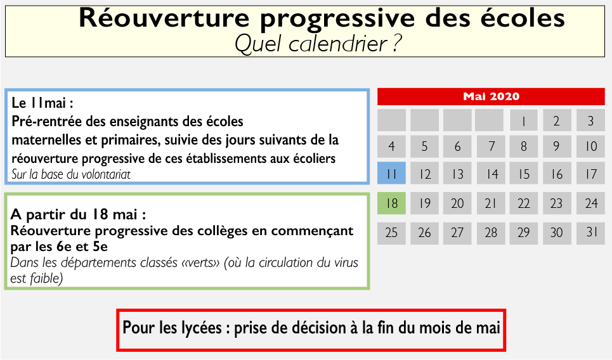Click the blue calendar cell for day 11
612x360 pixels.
click(x=391, y=173)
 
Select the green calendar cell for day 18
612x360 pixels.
click(x=391, y=203)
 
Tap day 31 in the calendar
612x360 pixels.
click(x=591, y=233)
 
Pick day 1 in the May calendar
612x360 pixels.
click(x=524, y=120)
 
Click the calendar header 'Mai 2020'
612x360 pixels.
click(x=491, y=97)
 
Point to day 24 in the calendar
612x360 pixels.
click(x=591, y=203)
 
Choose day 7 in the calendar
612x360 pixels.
click(x=491, y=146)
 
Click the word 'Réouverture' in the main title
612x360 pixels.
click(x=164, y=18)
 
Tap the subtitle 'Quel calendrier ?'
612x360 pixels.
click(x=318, y=43)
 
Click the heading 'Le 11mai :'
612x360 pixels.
click(x=42, y=103)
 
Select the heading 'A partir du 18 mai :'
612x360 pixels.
click(x=79, y=214)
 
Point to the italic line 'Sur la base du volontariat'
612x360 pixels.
click(x=71, y=174)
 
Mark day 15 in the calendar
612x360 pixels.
click(x=524, y=173)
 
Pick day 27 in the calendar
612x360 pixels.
click(x=457, y=233)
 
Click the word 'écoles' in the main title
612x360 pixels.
click(x=523, y=18)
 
